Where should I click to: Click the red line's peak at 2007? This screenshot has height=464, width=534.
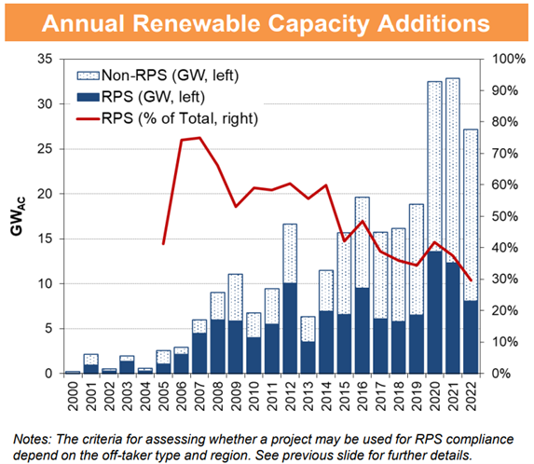[x=199, y=138]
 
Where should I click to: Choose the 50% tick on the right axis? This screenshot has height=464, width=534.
[x=496, y=216]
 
